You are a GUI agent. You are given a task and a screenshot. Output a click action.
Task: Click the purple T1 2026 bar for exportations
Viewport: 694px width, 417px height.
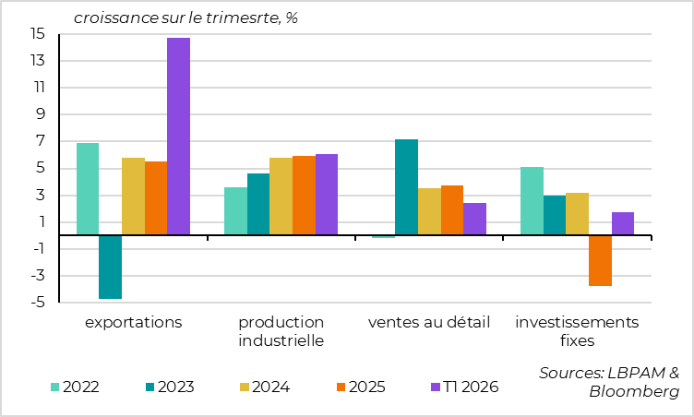coord(178,137)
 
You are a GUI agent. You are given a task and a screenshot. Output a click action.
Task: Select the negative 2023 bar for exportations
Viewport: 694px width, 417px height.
coord(110,267)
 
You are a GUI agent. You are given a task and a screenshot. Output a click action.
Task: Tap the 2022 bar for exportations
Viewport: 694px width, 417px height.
coord(88,189)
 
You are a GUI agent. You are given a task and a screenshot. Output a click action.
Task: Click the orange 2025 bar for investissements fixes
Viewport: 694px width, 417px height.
coord(600,260)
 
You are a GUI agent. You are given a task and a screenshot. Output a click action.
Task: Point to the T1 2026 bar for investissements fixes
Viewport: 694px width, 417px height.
coord(623,223)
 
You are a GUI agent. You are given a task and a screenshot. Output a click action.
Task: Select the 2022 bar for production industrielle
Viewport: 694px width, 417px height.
coord(235,211)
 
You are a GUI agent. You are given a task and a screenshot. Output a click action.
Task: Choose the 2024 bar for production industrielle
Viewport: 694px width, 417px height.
coord(281,197)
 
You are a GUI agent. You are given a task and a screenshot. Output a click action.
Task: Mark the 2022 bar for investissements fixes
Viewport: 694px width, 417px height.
coord(532,201)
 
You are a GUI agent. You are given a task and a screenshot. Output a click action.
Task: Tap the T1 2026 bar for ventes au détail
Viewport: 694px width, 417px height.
coord(474,219)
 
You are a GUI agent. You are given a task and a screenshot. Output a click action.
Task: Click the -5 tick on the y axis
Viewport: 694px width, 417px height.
coord(39,303)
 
